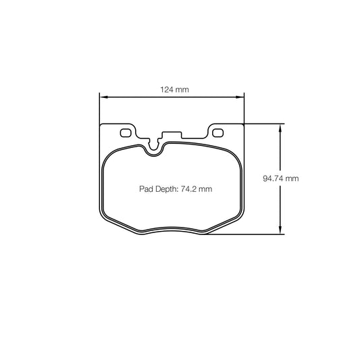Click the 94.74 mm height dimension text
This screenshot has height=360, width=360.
tap(280, 179)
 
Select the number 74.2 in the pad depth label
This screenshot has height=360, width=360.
tap(189, 190)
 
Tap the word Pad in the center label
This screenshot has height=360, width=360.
tap(146, 190)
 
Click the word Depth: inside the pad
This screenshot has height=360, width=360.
tap(167, 190)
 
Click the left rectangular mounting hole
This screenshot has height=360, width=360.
tap(125, 132)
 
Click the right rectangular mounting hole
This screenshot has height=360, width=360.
tap(217, 132)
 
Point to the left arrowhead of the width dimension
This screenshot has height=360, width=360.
tap(103, 97)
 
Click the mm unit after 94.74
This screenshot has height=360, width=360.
tap(291, 179)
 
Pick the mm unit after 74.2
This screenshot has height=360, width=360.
tap(205, 190)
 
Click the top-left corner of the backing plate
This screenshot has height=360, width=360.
tap(101, 126)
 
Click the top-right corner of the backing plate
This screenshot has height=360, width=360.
tap(243, 126)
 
